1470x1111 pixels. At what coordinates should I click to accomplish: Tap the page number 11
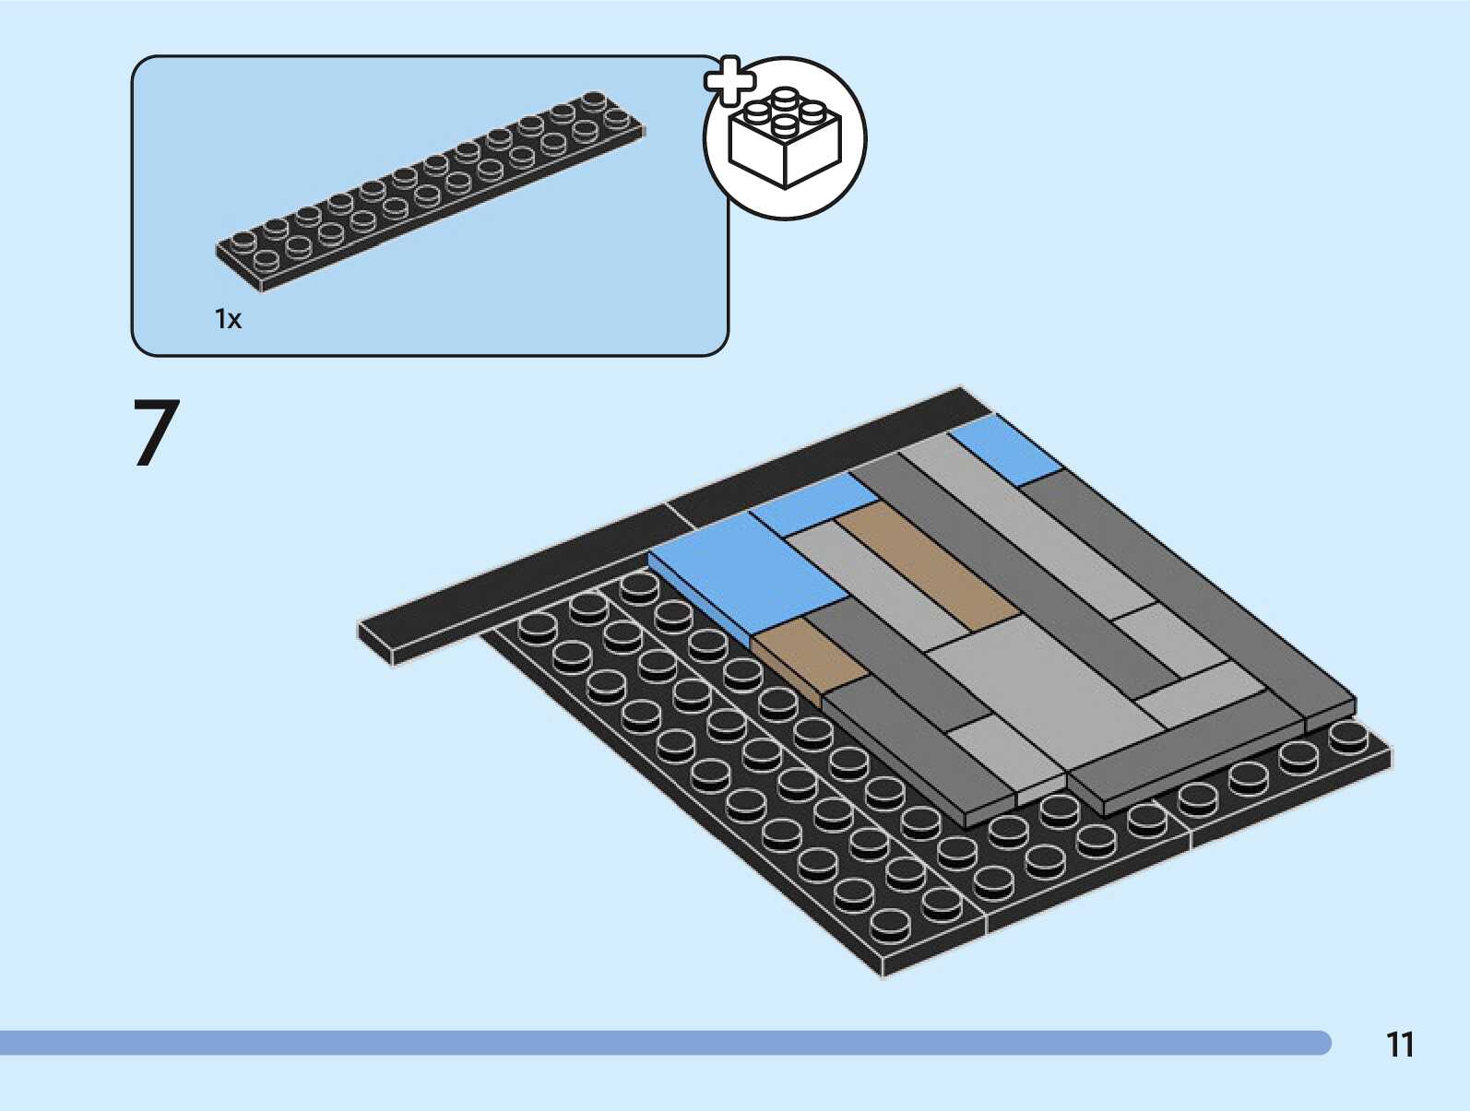click(1400, 1045)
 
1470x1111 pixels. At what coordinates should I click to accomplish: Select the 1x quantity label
click(228, 319)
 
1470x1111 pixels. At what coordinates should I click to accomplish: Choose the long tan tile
click(927, 569)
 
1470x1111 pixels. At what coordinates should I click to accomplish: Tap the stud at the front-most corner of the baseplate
click(889, 922)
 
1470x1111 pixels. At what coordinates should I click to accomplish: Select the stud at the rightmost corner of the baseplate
click(1348, 736)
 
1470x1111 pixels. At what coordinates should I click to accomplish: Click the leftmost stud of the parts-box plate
click(244, 242)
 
